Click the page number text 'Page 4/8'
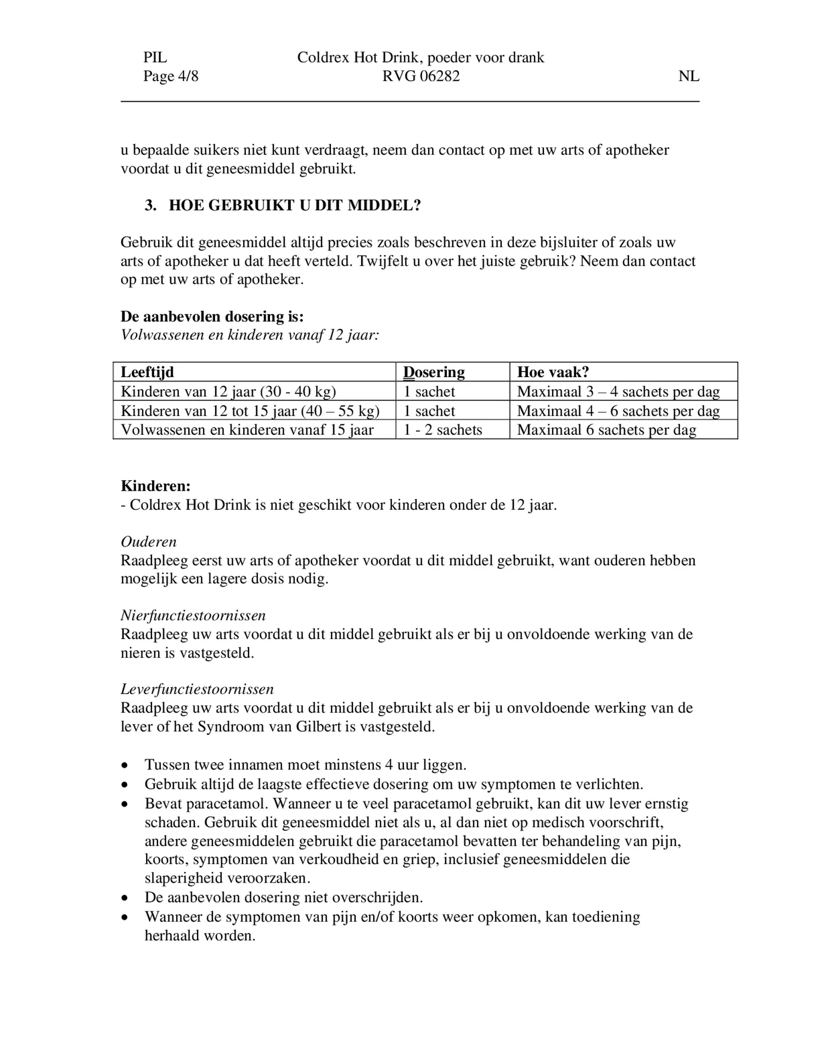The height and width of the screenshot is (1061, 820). (x=171, y=76)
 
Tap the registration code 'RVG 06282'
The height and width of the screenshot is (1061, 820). (x=421, y=76)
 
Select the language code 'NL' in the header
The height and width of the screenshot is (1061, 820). (x=688, y=76)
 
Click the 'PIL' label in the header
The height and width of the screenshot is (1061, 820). (x=155, y=58)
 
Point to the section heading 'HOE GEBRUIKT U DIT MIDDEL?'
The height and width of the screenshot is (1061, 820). (x=295, y=205)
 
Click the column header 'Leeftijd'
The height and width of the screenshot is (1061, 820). (x=147, y=372)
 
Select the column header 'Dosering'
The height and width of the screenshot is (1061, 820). (x=434, y=372)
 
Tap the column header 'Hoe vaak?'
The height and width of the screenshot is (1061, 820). (x=553, y=372)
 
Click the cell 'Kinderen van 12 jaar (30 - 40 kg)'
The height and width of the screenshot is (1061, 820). (x=228, y=392)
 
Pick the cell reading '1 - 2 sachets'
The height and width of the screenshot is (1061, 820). (x=443, y=430)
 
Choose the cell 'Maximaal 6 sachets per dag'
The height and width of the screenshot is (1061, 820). (x=606, y=430)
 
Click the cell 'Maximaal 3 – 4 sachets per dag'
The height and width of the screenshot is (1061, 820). (x=618, y=392)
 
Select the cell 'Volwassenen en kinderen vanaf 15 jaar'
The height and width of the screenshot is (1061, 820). (x=247, y=430)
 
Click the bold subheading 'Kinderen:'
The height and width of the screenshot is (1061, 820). (x=156, y=486)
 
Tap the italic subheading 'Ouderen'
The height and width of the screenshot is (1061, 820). (x=149, y=542)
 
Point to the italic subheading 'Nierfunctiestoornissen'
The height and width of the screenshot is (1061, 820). (x=193, y=615)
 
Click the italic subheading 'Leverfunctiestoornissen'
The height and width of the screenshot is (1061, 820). (x=197, y=689)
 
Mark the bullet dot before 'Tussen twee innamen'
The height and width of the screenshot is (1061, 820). (x=126, y=765)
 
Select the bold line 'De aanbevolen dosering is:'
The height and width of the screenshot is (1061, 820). (x=212, y=317)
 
